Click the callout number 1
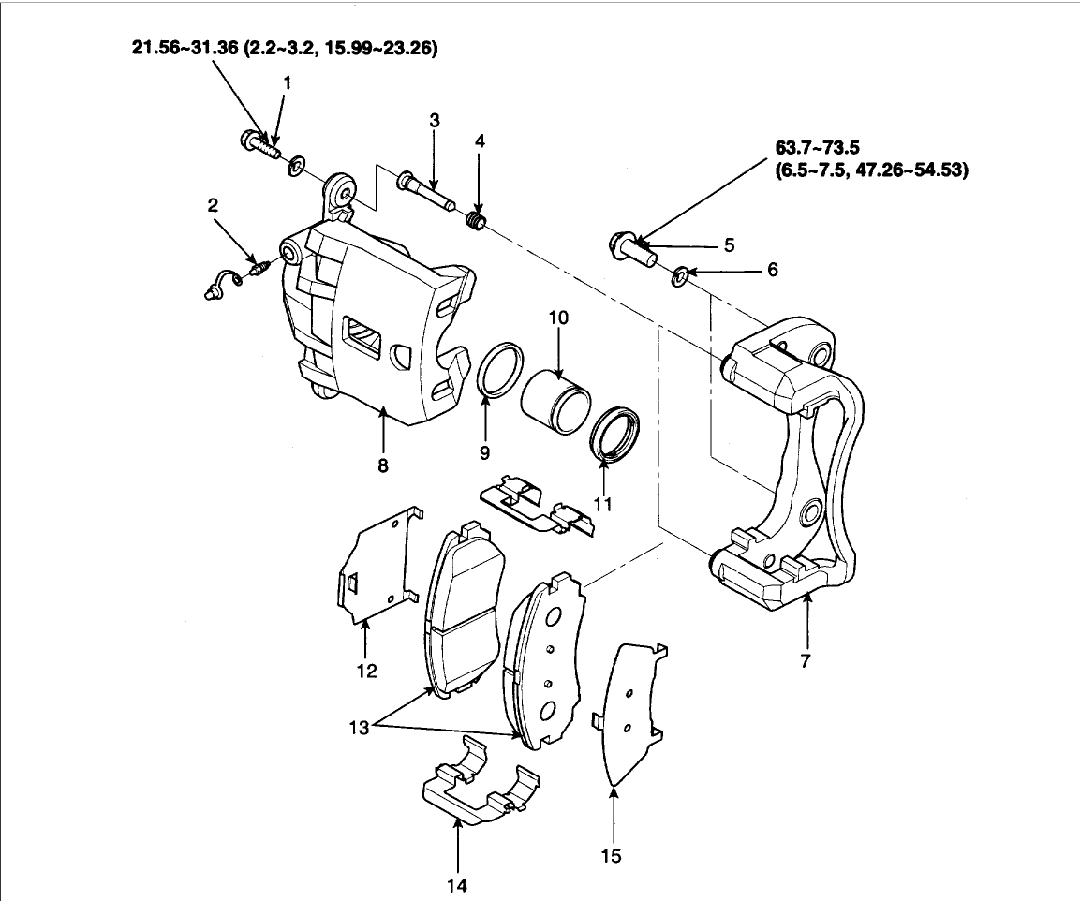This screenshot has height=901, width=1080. coord(288,82)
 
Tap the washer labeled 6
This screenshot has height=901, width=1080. coord(681,275)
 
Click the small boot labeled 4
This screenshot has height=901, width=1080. coord(477,223)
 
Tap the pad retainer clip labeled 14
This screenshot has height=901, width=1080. coord(477,785)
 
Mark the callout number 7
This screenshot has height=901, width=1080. coord(806,660)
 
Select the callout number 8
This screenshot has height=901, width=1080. coord(383,465)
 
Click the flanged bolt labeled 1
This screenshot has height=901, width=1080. coord(259,146)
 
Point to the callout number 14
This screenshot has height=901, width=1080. coord(457,883)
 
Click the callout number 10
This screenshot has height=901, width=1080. coord(558,318)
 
